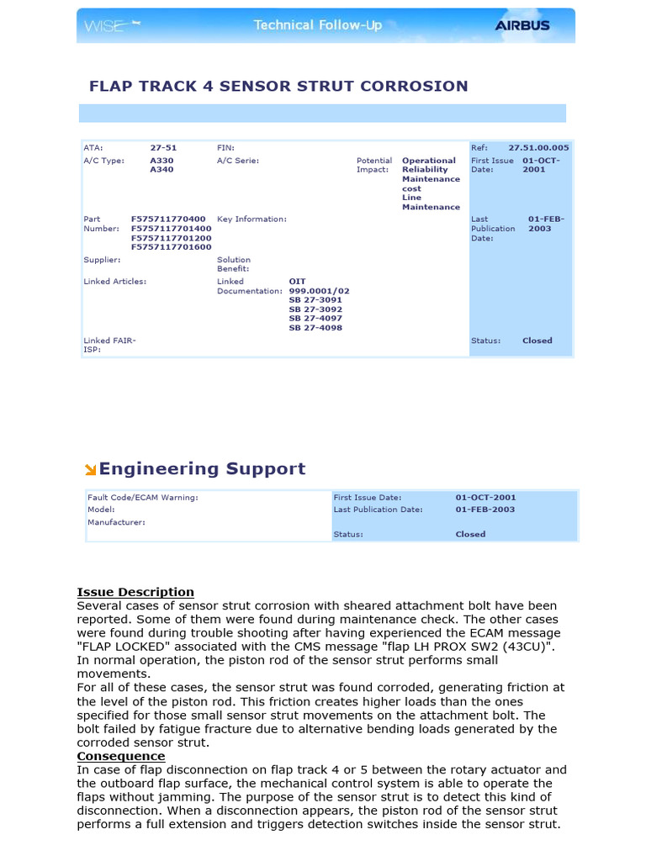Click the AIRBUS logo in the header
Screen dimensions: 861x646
point(522,25)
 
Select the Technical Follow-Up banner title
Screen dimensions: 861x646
point(318,25)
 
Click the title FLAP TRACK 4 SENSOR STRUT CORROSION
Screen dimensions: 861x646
point(278,86)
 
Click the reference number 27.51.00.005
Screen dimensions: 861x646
point(538,147)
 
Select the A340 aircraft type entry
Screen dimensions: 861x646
point(161,169)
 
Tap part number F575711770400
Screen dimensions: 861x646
point(168,219)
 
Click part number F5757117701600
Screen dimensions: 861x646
point(171,247)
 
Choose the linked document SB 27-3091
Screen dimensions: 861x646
point(315,300)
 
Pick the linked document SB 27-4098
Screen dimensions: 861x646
point(315,328)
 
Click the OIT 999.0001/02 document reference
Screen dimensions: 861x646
point(318,287)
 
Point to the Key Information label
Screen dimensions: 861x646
point(252,219)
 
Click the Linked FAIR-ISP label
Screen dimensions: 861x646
point(109,345)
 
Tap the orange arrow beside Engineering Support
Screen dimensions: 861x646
point(90,470)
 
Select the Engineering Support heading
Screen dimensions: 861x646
point(202,469)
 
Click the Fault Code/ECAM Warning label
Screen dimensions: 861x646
point(143,498)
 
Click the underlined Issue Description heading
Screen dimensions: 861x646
point(135,592)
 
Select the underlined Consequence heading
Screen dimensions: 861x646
point(121,756)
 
